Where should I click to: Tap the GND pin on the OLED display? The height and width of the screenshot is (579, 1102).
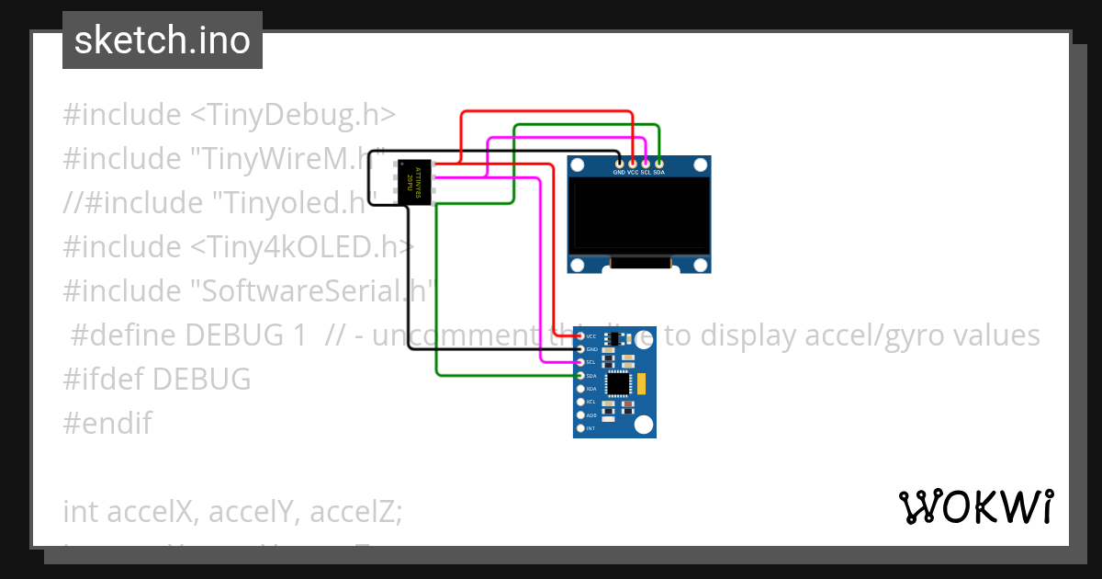[x=619, y=164]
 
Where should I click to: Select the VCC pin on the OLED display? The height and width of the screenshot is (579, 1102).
[x=633, y=164]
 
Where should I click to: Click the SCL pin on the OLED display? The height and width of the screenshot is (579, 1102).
[x=646, y=164]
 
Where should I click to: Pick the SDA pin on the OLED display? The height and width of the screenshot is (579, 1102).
[x=658, y=164]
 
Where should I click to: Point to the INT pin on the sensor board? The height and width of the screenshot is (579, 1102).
[x=580, y=428]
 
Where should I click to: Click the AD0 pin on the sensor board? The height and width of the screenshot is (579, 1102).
[x=580, y=415]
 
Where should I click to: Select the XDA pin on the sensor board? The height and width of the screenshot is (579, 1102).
[x=580, y=389]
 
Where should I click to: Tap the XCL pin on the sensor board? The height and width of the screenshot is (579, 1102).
[x=580, y=403]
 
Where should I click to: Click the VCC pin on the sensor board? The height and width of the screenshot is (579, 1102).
[x=580, y=336]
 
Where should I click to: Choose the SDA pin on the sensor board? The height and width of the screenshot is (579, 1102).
[x=580, y=376]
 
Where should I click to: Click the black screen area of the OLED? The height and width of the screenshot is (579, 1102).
[x=639, y=215]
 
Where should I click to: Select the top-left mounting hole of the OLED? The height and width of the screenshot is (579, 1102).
[x=577, y=165]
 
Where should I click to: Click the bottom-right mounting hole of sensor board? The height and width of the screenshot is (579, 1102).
[x=645, y=424]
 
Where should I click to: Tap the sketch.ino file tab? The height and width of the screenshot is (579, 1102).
[x=163, y=40]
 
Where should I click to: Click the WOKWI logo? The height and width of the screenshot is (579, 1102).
[x=975, y=506]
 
